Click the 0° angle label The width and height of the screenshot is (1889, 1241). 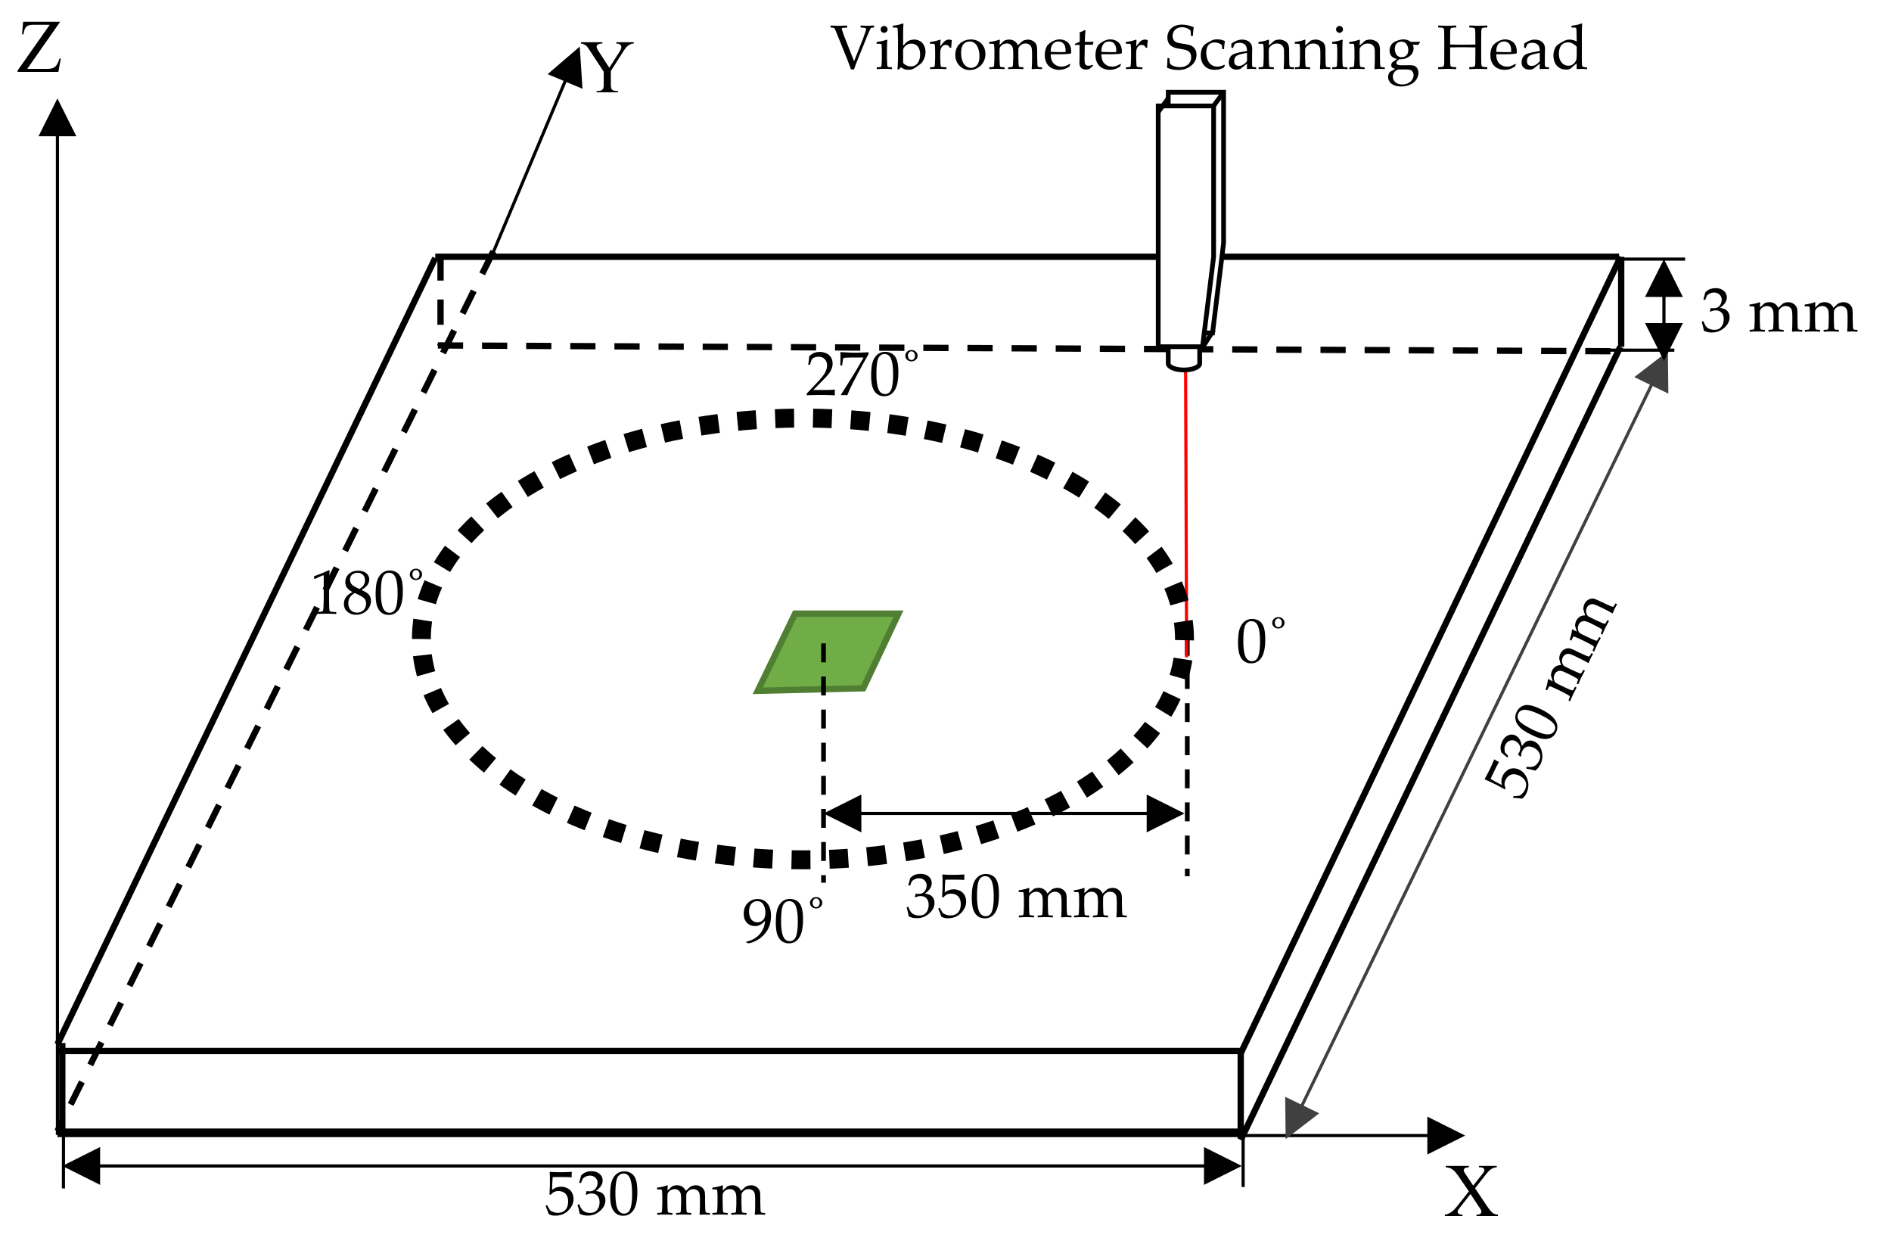coord(1260,642)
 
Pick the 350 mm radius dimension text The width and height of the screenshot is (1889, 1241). coord(1015,898)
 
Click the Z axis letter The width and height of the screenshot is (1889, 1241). coord(39,49)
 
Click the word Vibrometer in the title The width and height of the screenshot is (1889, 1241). coord(988,49)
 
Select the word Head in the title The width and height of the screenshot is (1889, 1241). coord(1512,49)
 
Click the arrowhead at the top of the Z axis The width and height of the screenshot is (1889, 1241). coord(57,119)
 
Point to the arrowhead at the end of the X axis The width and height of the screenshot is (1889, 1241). coord(1443,1135)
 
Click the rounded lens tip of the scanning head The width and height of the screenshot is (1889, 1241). coord(1183,361)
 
